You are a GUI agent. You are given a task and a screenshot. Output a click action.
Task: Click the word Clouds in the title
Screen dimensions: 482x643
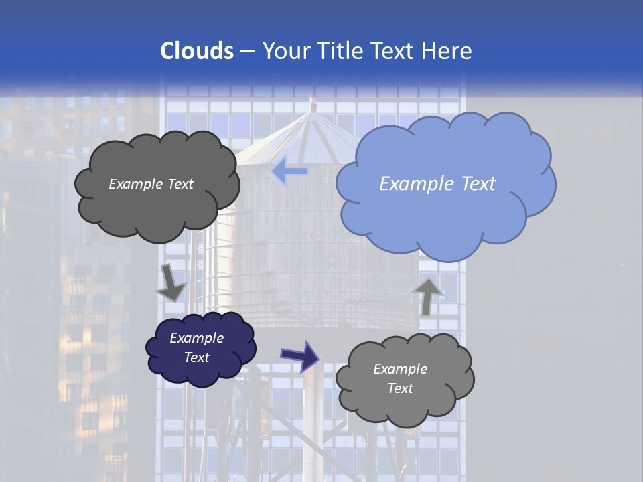(x=197, y=51)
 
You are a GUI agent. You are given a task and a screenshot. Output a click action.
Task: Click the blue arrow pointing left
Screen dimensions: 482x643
(x=289, y=171)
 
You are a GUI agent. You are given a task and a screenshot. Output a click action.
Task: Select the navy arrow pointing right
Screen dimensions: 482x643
(x=300, y=355)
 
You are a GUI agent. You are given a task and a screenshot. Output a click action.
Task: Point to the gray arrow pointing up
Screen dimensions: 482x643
(x=427, y=295)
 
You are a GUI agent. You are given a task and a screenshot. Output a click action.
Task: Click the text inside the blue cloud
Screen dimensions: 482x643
(x=437, y=184)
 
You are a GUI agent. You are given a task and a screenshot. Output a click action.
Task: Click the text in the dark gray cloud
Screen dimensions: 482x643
(x=151, y=184)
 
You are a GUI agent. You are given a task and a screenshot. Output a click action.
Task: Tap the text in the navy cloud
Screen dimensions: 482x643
(x=196, y=347)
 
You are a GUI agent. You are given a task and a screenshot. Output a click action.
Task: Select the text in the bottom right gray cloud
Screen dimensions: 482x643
(x=400, y=378)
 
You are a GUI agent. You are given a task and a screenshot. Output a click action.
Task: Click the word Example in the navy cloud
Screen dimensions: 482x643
(x=196, y=338)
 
